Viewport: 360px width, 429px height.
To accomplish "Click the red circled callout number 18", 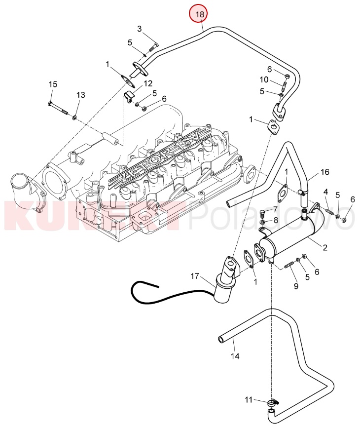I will click(200, 14).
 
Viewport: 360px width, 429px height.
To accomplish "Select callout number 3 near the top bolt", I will click(140, 29).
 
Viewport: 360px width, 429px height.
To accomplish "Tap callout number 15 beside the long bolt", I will click(53, 84).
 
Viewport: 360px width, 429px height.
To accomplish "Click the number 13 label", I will click(80, 94).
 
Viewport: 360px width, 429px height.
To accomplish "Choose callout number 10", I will click(264, 80).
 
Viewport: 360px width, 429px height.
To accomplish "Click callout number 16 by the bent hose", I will click(324, 172).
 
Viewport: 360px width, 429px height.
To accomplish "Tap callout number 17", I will click(194, 277).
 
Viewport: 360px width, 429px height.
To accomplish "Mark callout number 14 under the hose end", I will click(235, 355).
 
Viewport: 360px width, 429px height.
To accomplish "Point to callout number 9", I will click(296, 286).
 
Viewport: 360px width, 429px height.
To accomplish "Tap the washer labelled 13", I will click(74, 117).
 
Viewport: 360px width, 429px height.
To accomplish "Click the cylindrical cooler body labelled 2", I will click(291, 239).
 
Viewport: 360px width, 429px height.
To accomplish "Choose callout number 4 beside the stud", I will click(326, 192).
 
